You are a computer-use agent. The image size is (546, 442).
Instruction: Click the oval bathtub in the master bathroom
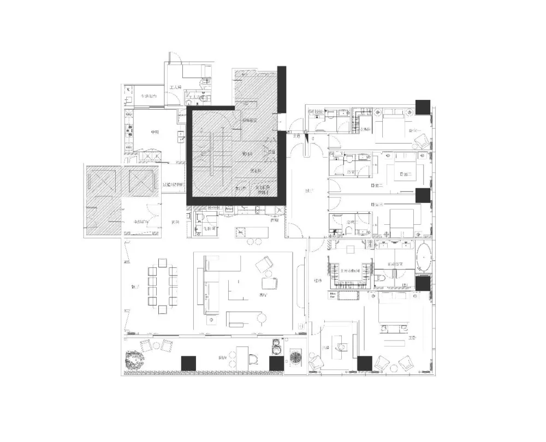(424, 259)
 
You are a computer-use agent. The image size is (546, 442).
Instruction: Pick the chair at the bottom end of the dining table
(163, 310)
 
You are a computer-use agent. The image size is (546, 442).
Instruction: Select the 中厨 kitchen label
(155, 132)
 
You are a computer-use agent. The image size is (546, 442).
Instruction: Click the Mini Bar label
(332, 295)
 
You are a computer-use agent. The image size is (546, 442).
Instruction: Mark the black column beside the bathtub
(423, 284)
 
